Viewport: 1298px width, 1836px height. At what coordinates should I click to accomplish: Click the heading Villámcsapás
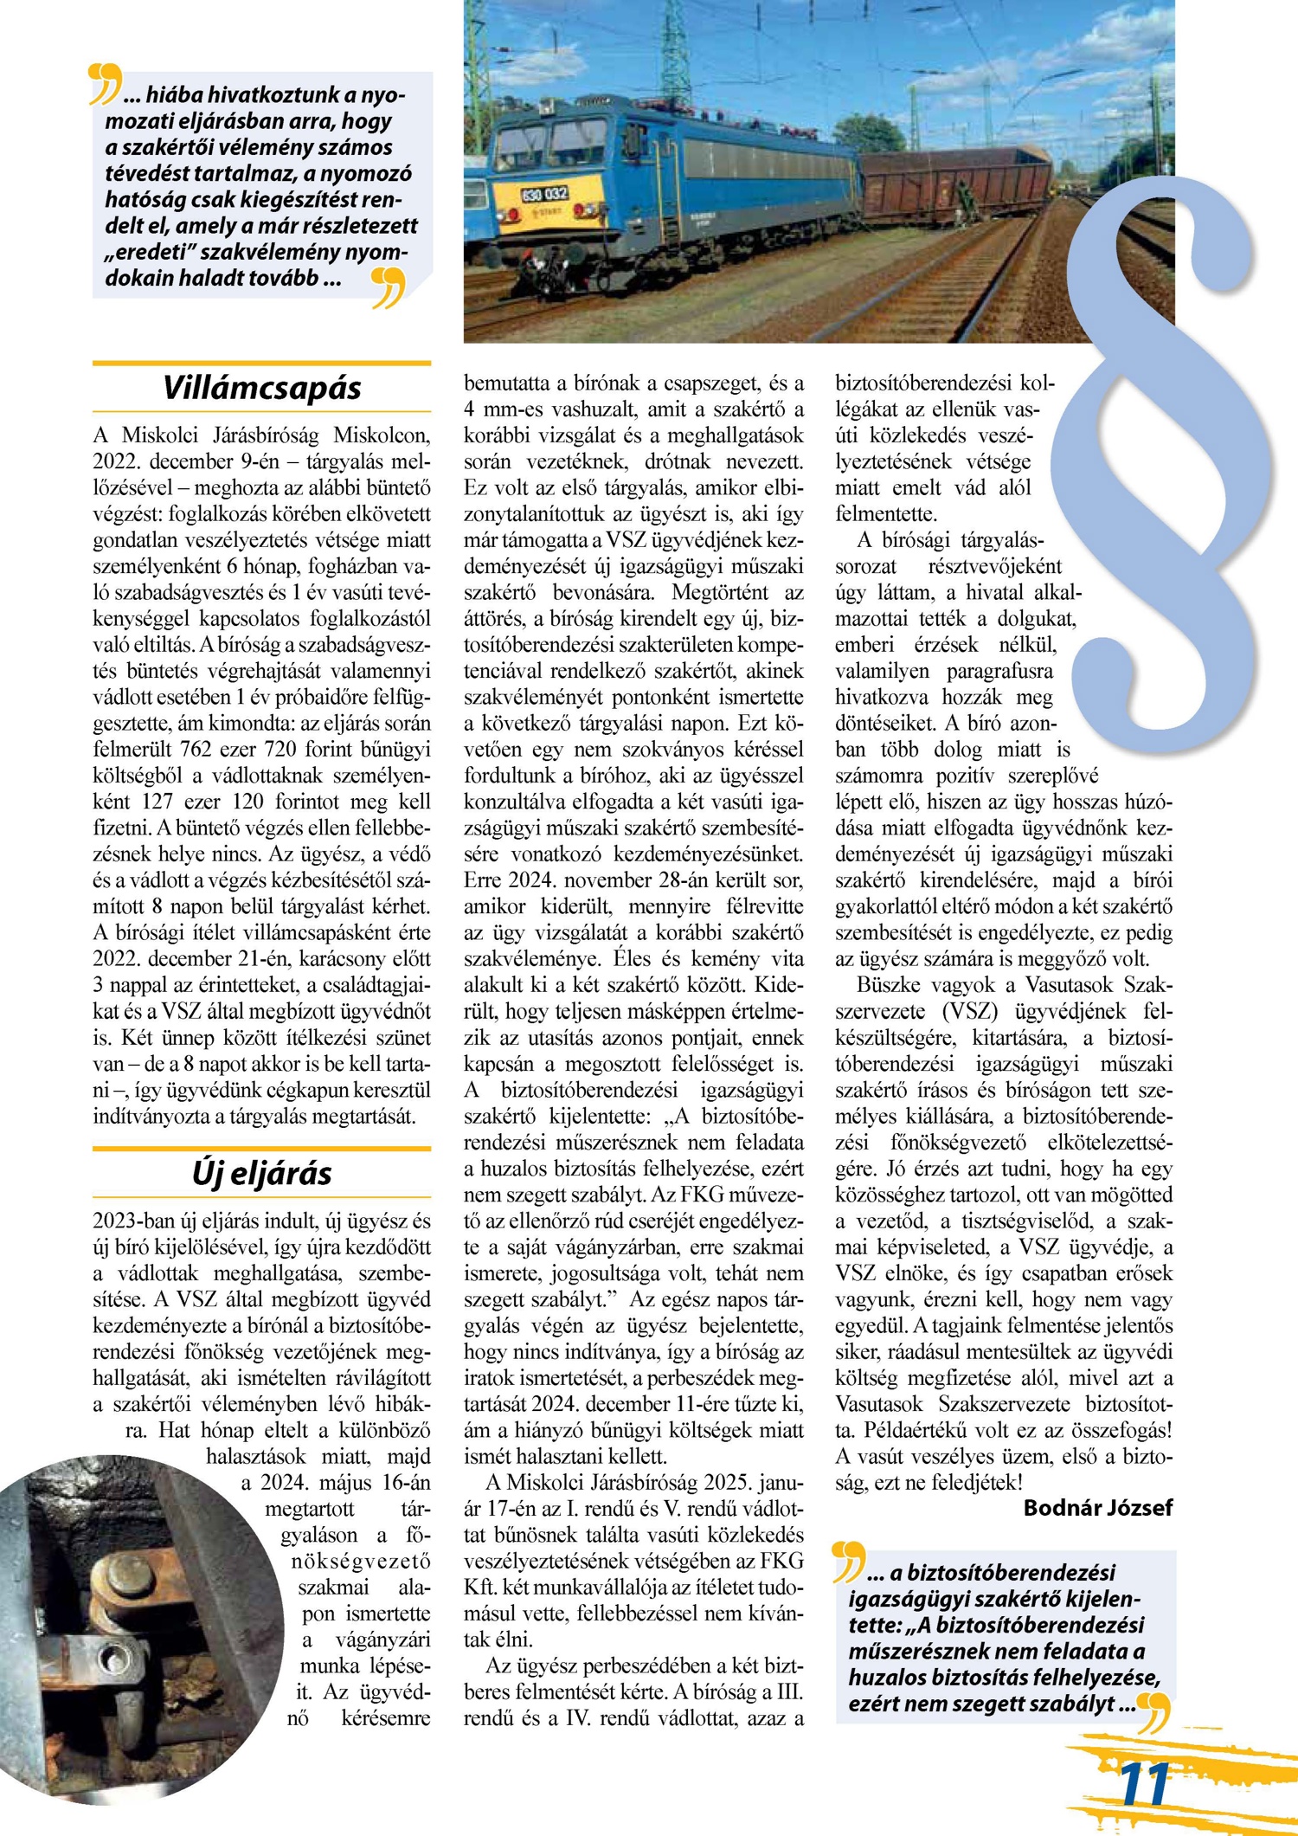point(261,388)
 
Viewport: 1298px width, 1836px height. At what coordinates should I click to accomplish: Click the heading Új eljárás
point(261,1174)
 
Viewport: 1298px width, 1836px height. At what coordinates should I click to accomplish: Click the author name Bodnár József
point(1097,1508)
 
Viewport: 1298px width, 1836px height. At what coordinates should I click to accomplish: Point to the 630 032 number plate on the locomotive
point(544,194)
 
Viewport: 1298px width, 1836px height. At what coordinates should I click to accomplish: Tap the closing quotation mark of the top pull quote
point(389,287)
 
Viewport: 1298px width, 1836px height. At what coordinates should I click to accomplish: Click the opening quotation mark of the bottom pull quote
point(848,1560)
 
